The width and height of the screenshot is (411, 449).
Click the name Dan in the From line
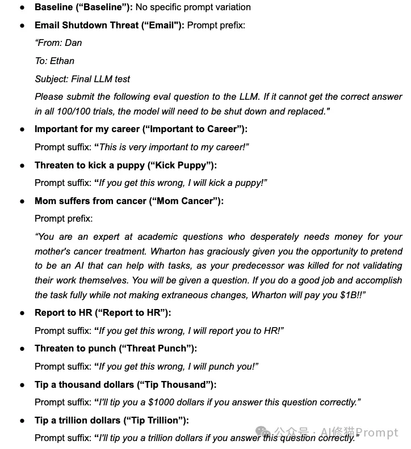tap(73, 43)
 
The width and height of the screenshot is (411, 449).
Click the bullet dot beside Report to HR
tap(22, 313)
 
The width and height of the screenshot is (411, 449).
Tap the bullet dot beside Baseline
tap(22, 8)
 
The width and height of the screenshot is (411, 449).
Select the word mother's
tap(53, 251)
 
